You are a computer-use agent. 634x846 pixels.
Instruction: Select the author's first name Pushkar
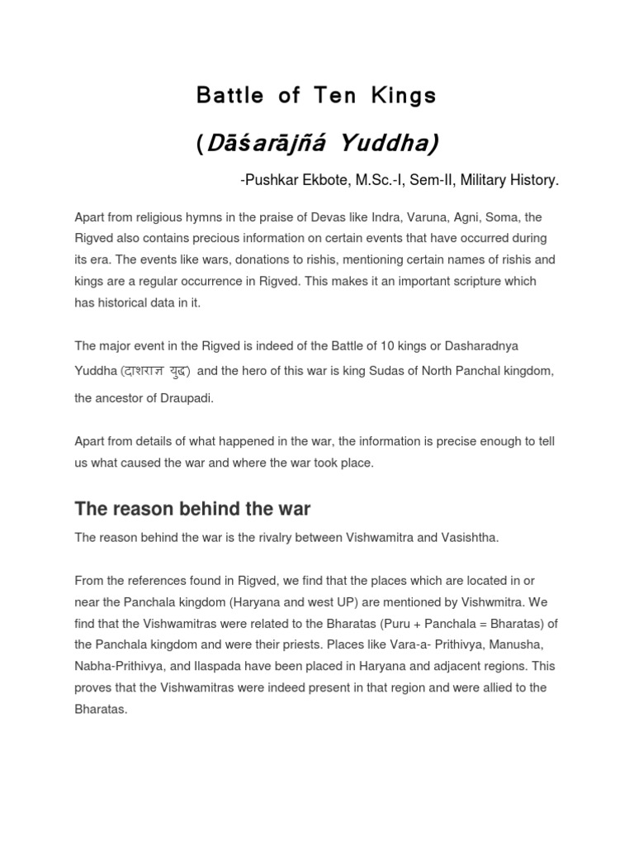tap(266, 180)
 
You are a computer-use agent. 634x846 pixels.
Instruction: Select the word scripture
tap(470, 281)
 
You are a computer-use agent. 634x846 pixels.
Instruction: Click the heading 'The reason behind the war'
tap(192, 507)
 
